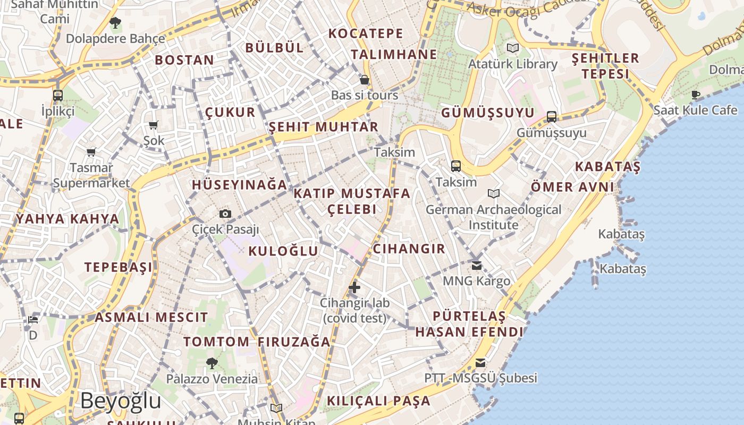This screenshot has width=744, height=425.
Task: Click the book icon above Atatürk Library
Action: [x=513, y=48]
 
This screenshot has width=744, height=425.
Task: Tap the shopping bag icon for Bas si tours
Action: [x=365, y=80]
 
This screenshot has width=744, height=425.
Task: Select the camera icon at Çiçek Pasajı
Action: [x=225, y=214]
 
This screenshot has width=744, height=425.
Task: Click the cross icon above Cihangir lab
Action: [x=354, y=288]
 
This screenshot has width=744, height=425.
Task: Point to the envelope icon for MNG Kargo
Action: [x=477, y=266]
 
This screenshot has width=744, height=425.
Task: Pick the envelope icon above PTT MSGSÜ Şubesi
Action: [x=480, y=363]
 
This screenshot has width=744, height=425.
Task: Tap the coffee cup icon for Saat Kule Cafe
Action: [x=696, y=95]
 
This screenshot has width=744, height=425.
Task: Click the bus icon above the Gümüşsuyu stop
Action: [x=552, y=117]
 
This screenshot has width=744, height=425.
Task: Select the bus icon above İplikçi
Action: [x=58, y=96]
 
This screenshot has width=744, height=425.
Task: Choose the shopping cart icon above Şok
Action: [x=154, y=125]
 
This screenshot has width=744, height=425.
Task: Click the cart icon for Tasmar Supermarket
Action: [x=91, y=152]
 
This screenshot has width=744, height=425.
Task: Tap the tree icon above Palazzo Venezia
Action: [x=212, y=363]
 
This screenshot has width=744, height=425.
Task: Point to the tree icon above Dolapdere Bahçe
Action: [x=115, y=23]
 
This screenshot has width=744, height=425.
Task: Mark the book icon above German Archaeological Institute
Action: [x=494, y=194]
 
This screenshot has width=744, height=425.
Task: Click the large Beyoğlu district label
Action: [x=121, y=401]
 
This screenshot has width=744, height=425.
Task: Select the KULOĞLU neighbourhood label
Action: [x=283, y=251]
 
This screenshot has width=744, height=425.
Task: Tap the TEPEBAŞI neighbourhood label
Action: [x=119, y=267]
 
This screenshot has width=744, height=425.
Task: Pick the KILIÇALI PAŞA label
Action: [x=378, y=401]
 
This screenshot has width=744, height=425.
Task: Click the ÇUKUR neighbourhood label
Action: [x=230, y=113]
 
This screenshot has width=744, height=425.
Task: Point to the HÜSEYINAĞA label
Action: [x=239, y=185]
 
